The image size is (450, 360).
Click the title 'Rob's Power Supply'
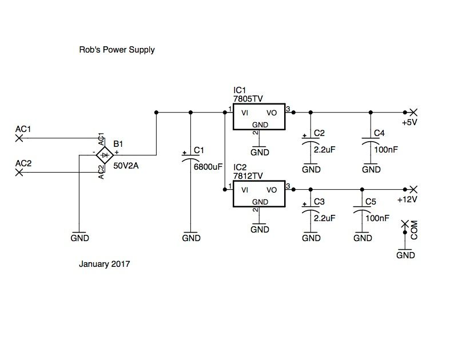pyautogui.click(x=117, y=50)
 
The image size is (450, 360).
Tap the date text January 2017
pyautogui.click(x=105, y=265)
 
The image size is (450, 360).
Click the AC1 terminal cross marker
pyautogui.click(x=19, y=138)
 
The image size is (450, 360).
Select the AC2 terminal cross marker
pyautogui.click(x=19, y=171)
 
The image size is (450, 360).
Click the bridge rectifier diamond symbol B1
pyautogui.click(x=103, y=154)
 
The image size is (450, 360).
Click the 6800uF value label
pyautogui.click(x=208, y=166)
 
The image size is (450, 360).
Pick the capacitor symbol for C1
pyautogui.click(x=191, y=158)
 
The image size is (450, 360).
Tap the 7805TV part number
pyautogui.click(x=248, y=99)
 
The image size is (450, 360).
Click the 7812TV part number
pyautogui.click(x=248, y=176)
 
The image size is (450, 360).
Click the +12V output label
pyautogui.click(x=408, y=199)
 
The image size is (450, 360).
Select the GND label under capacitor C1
pyautogui.click(x=191, y=238)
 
